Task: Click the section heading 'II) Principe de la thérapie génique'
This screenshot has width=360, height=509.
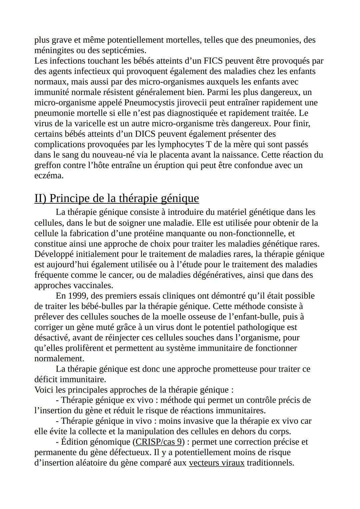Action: (117, 198)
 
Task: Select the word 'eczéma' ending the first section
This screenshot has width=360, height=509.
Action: (49, 176)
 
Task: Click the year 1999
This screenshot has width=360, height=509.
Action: (77, 296)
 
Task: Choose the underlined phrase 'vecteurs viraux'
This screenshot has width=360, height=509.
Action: (217, 463)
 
